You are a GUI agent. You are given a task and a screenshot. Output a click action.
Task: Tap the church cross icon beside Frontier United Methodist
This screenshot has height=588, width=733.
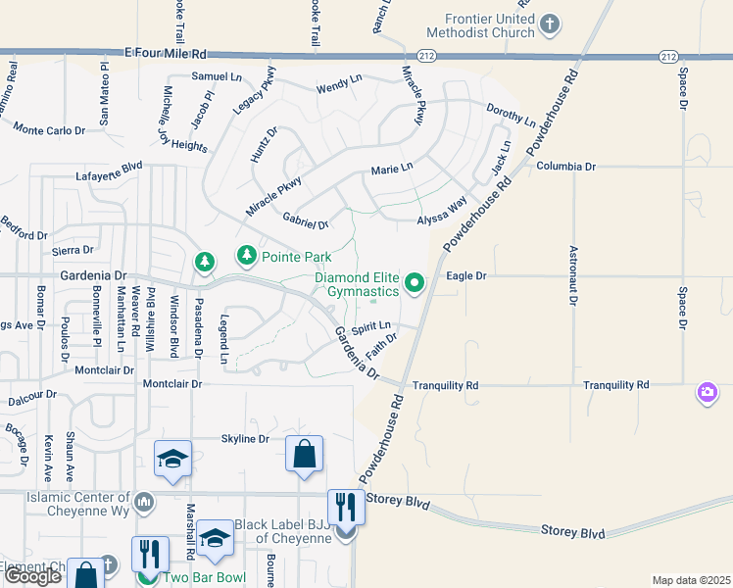(x=552, y=24)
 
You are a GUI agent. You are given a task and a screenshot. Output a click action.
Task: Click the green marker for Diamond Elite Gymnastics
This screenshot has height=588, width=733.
(x=415, y=284)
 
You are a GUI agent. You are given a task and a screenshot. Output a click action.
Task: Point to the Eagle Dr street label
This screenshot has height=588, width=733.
(x=466, y=276)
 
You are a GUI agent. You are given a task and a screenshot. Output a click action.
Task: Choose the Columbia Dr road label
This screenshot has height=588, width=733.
(x=565, y=168)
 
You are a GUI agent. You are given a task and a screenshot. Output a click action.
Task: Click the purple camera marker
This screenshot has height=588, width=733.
(x=707, y=393)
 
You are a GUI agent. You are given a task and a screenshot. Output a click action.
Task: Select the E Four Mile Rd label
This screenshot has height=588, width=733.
(x=167, y=54)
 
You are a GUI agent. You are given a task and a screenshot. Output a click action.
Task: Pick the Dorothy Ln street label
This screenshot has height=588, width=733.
(x=511, y=117)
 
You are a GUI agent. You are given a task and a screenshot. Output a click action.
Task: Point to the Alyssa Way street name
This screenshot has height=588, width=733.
(x=442, y=215)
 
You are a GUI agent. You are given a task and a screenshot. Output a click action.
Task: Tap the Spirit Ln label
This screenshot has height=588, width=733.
(x=371, y=325)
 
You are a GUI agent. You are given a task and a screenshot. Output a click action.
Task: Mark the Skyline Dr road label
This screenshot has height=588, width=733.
(x=245, y=439)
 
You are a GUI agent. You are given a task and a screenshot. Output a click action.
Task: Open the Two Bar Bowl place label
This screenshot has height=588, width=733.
(x=204, y=577)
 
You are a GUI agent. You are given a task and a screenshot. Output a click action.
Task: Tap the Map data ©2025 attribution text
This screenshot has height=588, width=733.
(x=690, y=580)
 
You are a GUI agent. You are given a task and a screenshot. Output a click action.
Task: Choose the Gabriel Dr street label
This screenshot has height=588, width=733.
(x=305, y=220)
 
